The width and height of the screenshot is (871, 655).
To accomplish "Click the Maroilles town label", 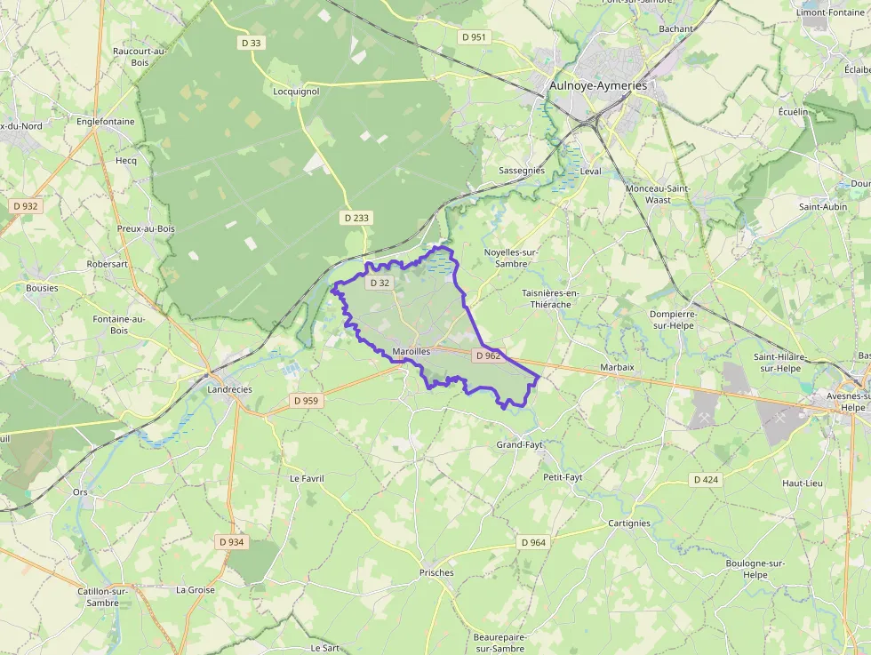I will (x=411, y=352).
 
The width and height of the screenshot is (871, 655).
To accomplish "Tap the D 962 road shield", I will (x=488, y=355).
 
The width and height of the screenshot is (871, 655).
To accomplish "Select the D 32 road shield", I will (x=379, y=283).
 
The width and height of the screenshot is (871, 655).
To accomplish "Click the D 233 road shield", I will (x=356, y=218).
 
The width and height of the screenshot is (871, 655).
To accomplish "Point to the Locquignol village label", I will (x=296, y=91).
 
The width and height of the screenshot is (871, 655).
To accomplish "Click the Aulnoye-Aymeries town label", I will (x=598, y=85).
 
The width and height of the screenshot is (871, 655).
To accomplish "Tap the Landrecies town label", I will (x=229, y=389).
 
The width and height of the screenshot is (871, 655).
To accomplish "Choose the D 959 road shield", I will (x=305, y=401).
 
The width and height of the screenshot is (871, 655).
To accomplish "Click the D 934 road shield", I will (x=230, y=541).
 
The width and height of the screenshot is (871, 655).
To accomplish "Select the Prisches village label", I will (x=436, y=572).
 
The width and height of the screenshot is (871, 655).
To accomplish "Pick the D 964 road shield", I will (x=533, y=542).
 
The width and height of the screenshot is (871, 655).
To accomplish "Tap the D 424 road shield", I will (x=705, y=480).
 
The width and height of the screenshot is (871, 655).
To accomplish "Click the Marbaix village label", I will (x=617, y=367).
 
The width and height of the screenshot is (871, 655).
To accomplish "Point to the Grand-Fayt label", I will (x=519, y=444).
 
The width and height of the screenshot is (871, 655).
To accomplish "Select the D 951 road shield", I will (x=474, y=36).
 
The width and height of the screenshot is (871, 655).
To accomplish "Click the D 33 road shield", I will (x=252, y=42).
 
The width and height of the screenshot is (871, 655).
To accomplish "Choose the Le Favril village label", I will (x=307, y=478).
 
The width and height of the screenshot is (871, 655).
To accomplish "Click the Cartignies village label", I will (x=629, y=523).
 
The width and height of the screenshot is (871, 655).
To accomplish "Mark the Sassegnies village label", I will (x=521, y=170).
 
